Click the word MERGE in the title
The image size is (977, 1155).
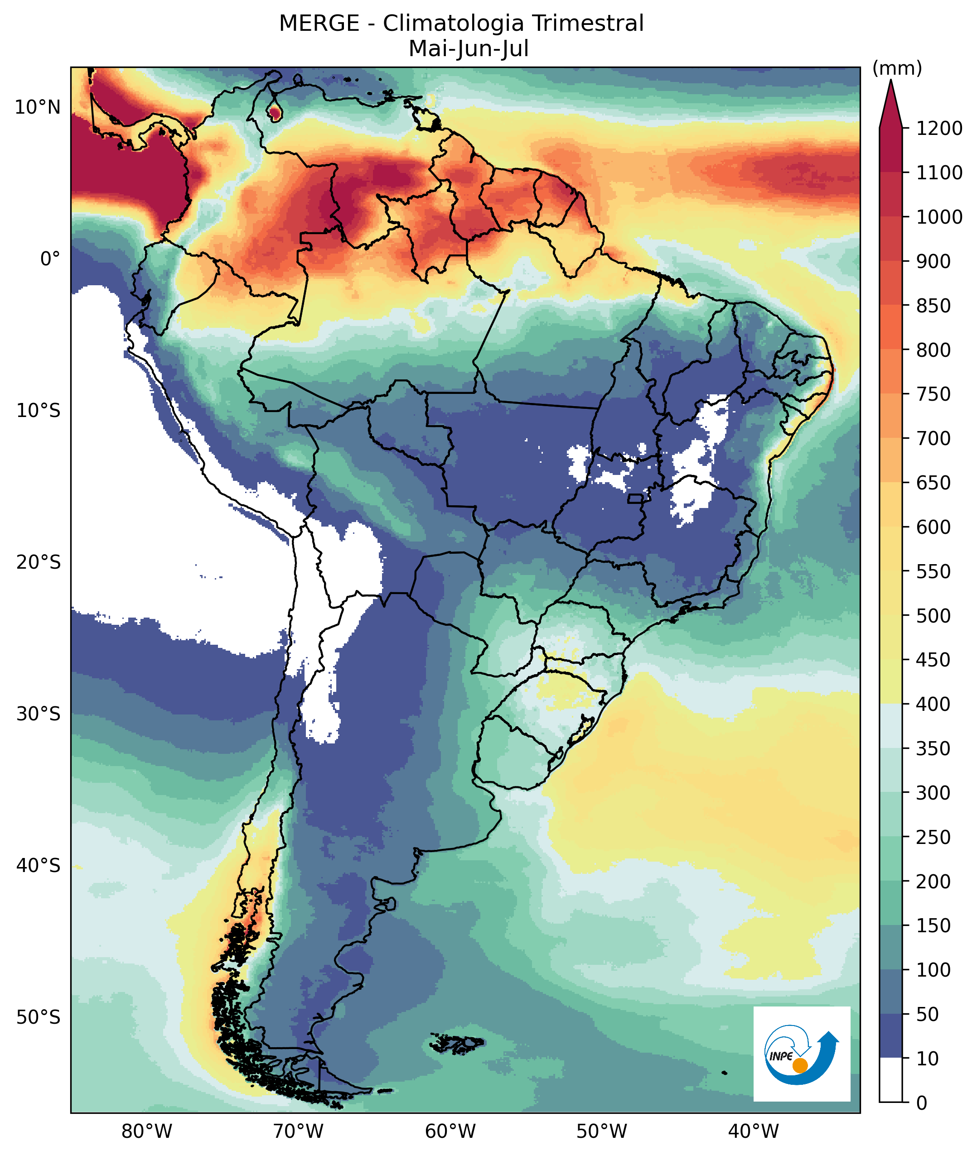click(319, 24)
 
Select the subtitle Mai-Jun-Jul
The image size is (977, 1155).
click(469, 49)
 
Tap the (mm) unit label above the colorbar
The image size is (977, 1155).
click(897, 69)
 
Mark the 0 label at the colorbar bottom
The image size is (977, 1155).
click(922, 1103)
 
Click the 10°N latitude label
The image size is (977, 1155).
click(38, 107)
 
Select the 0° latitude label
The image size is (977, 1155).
click(50, 259)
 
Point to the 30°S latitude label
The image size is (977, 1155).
click(38, 714)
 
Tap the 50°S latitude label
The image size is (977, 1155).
click(38, 1017)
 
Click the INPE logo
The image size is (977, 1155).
click(802, 1054)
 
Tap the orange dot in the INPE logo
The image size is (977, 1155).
click(800, 1065)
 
